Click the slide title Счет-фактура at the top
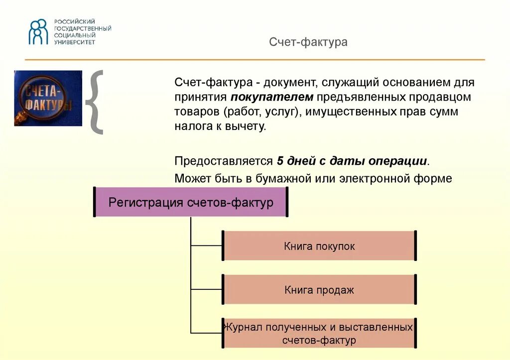pos(308,42)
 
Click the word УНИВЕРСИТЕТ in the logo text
pos(75,42)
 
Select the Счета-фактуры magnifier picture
pos(48,98)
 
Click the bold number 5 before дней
pos(280,161)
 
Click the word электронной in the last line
pos(368,178)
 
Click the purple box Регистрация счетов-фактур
pos(191,202)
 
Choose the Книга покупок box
pos(319,246)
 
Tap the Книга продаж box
pos(319,290)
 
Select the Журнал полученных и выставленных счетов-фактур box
pos(319,334)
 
